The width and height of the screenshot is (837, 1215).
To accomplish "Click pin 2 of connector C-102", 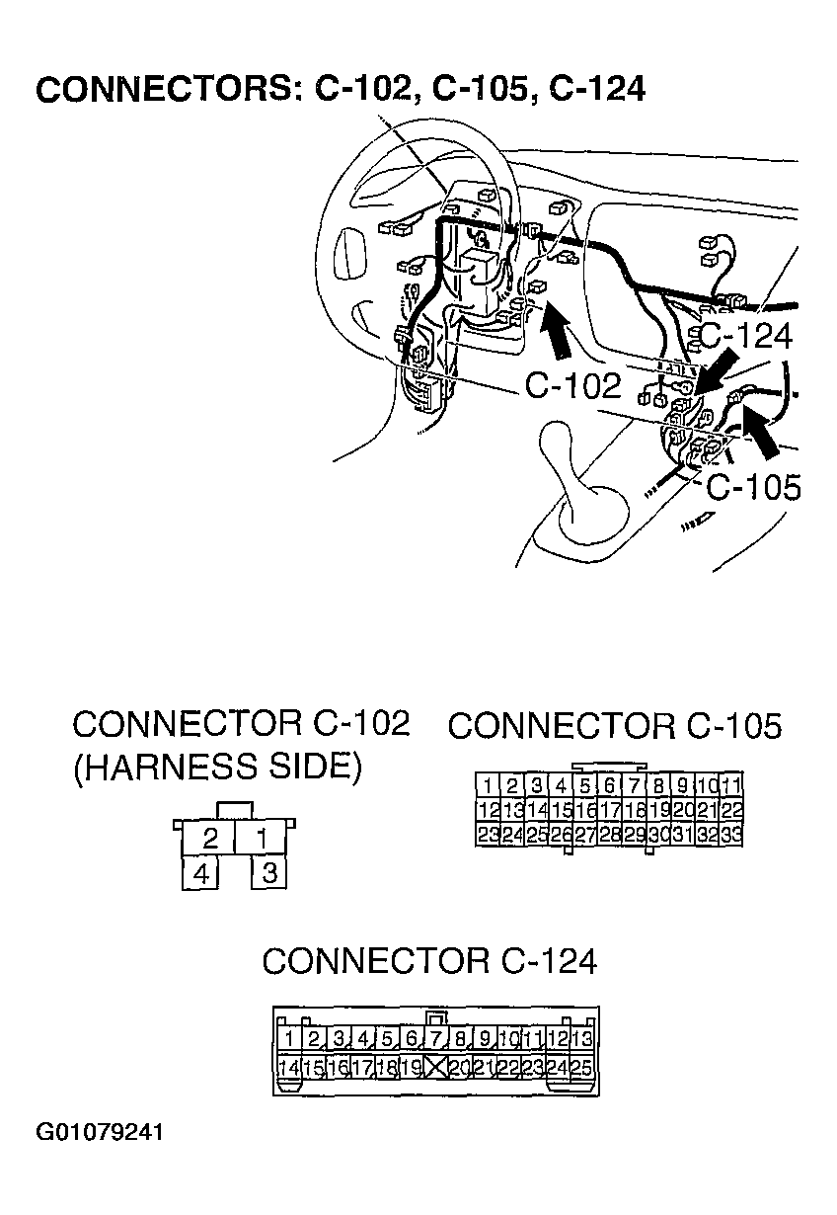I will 209,840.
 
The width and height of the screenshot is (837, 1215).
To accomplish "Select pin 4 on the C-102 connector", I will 201,874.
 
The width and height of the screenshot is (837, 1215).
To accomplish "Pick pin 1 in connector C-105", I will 487,787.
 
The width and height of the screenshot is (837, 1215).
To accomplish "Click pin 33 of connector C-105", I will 731,835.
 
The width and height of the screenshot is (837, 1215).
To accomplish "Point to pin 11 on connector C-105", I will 731,787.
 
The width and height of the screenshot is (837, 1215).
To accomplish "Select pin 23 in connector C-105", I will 487,835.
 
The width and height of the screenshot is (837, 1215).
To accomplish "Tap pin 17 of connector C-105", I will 609,811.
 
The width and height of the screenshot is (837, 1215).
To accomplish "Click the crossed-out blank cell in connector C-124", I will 435,1067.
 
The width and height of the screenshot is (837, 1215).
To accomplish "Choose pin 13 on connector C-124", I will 581,1038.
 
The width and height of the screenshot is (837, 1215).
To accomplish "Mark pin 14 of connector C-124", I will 289,1067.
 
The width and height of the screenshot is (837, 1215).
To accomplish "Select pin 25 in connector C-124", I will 581,1067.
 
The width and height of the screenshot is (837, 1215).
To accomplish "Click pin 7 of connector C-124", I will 435,1038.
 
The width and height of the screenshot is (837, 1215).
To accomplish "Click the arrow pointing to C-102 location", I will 558,332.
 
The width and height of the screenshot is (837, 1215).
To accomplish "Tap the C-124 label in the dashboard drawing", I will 745,337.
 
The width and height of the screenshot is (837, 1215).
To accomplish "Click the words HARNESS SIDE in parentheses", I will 216,767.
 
